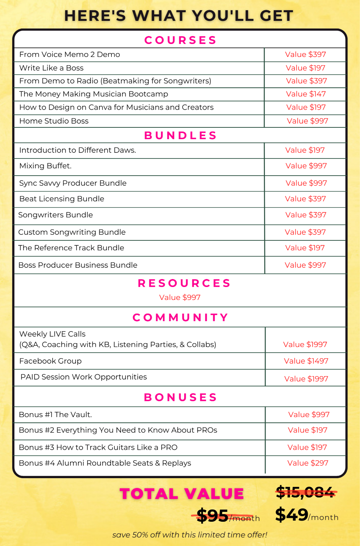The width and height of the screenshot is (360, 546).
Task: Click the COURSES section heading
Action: [180, 40]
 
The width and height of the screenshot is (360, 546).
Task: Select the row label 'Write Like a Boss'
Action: [52, 68]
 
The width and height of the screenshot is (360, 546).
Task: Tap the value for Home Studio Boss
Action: [307, 121]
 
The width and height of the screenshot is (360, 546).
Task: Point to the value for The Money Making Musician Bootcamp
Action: [306, 94]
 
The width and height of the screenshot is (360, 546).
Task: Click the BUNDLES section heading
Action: [180, 135]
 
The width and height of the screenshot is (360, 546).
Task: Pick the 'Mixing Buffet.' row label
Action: [45, 166]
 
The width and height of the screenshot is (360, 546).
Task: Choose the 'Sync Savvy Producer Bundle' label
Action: [73, 183]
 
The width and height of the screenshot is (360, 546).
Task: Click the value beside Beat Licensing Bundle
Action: [305, 199]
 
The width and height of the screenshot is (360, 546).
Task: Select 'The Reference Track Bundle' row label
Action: [71, 248]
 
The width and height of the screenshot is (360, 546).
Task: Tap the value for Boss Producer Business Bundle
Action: [305, 265]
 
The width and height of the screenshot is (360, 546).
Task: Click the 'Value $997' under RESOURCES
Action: [180, 298]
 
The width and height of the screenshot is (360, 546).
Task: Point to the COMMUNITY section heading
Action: [180, 317]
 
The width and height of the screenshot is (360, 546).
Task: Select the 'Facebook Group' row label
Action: [50, 361]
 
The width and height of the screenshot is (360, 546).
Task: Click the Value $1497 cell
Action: [306, 361]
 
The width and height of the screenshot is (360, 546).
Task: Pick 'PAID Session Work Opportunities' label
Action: [84, 377]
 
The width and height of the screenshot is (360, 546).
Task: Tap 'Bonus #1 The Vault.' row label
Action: [55, 414]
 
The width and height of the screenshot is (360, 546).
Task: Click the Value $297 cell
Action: [308, 463]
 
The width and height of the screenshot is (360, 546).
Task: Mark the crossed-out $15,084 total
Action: [305, 493]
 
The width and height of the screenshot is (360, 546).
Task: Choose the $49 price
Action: [292, 515]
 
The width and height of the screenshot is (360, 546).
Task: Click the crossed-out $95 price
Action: [213, 516]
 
